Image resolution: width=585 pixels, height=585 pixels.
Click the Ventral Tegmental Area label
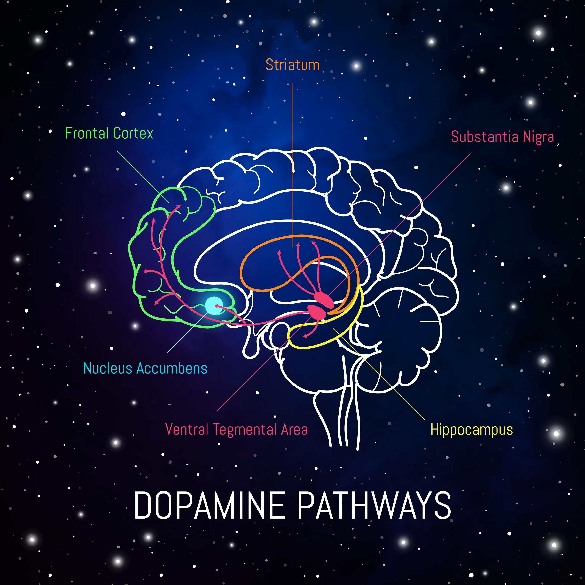[237, 430]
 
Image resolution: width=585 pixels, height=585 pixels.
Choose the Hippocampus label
[472, 430]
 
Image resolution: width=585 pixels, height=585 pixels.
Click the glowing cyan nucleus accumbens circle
[214, 305]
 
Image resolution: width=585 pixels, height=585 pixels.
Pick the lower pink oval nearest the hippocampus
[316, 312]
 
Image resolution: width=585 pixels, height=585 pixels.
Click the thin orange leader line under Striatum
[292, 151]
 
